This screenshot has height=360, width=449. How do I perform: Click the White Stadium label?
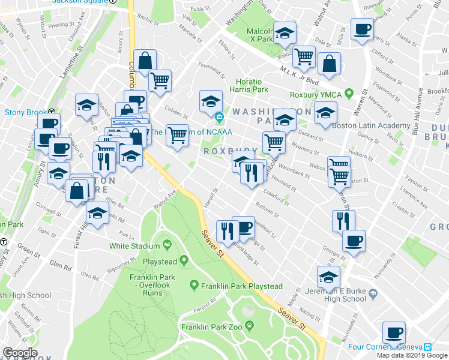[x=135, y=245]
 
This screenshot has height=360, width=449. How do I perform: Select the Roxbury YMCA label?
[x=315, y=94]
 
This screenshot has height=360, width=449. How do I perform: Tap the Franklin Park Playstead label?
[x=242, y=286]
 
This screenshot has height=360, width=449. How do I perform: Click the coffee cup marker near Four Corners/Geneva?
[x=394, y=332]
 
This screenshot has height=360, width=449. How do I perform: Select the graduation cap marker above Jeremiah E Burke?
[x=328, y=277]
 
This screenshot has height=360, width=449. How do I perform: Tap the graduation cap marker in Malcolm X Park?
[x=285, y=32]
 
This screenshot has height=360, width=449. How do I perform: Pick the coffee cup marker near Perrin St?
[x=363, y=29]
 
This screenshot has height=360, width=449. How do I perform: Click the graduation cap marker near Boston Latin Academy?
[x=325, y=112]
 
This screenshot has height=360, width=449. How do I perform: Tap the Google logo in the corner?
[x=20, y=353]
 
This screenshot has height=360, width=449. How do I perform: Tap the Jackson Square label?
[x=79, y=2]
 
